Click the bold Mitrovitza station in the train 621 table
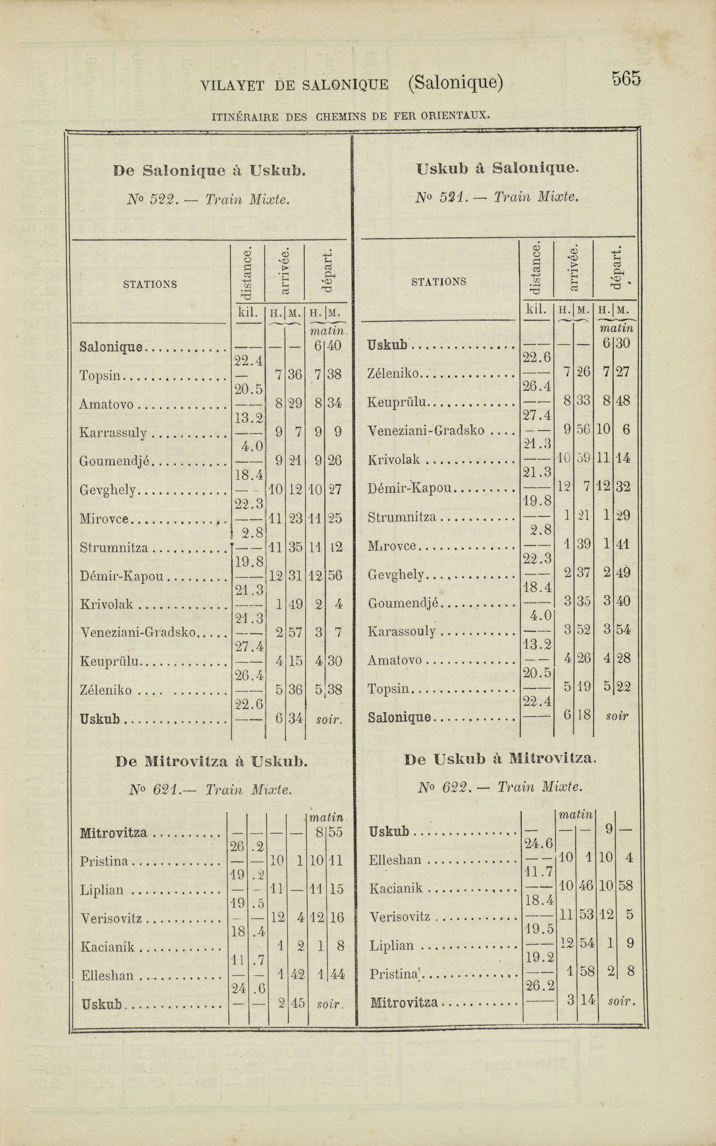[114, 833]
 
